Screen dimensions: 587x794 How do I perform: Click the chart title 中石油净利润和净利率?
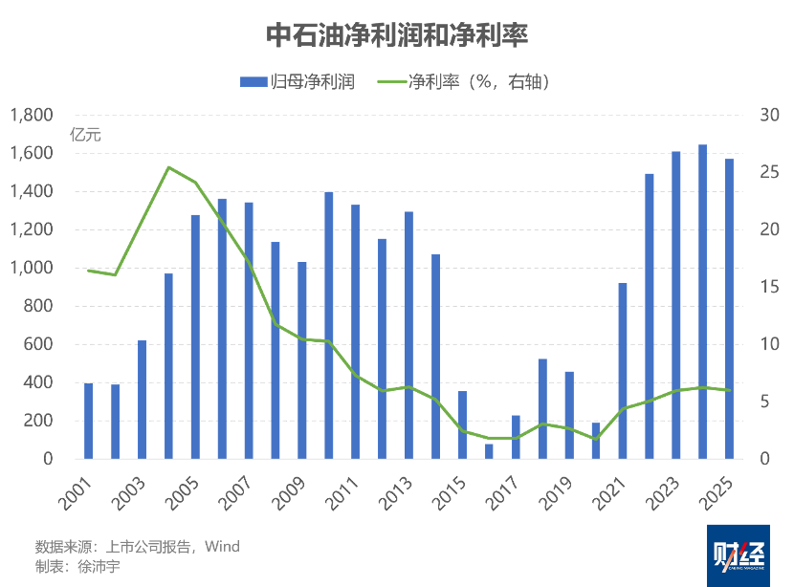click(x=397, y=35)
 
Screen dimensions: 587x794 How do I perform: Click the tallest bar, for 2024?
click(x=702, y=301)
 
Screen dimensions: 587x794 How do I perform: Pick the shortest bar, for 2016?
click(x=489, y=451)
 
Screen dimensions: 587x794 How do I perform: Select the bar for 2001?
click(x=88, y=421)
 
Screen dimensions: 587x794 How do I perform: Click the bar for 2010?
click(x=329, y=325)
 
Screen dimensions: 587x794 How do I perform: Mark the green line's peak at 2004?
click(x=168, y=167)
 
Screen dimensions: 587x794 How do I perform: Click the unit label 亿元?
click(x=85, y=135)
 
